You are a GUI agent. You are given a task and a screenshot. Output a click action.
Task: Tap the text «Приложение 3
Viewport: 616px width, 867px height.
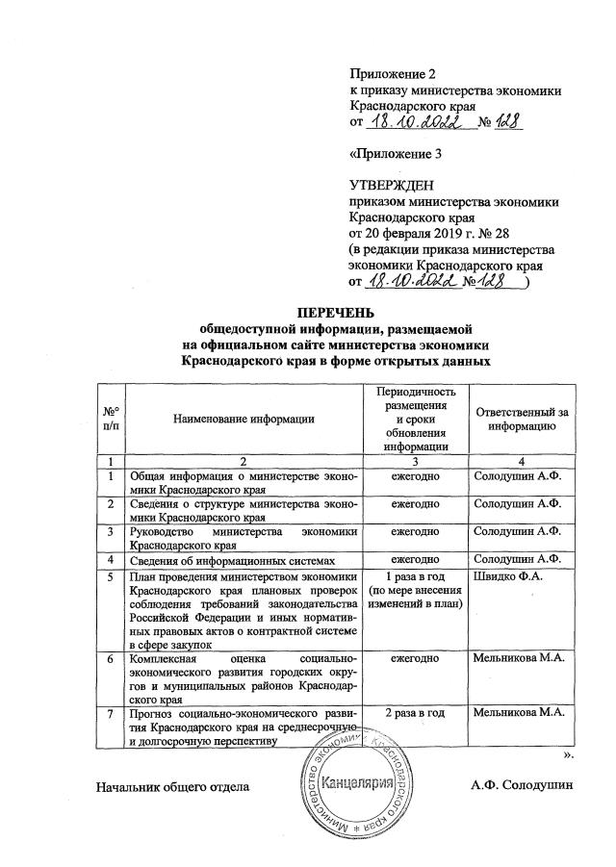395,153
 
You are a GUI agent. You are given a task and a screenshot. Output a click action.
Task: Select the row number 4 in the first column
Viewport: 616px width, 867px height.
113,559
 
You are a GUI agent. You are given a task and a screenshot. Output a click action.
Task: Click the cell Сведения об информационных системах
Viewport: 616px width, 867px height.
227,559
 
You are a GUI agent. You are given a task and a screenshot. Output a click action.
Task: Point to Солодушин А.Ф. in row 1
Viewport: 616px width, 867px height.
518,476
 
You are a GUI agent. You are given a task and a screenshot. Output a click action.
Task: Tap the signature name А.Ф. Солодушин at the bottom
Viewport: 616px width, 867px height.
522,785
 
